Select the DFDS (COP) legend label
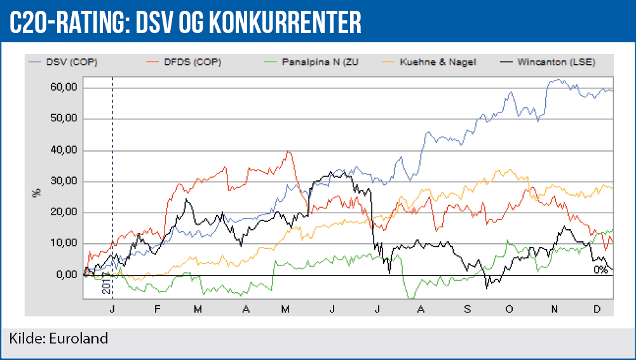194,62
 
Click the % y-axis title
36,192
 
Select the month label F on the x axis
156,309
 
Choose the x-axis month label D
597,309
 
